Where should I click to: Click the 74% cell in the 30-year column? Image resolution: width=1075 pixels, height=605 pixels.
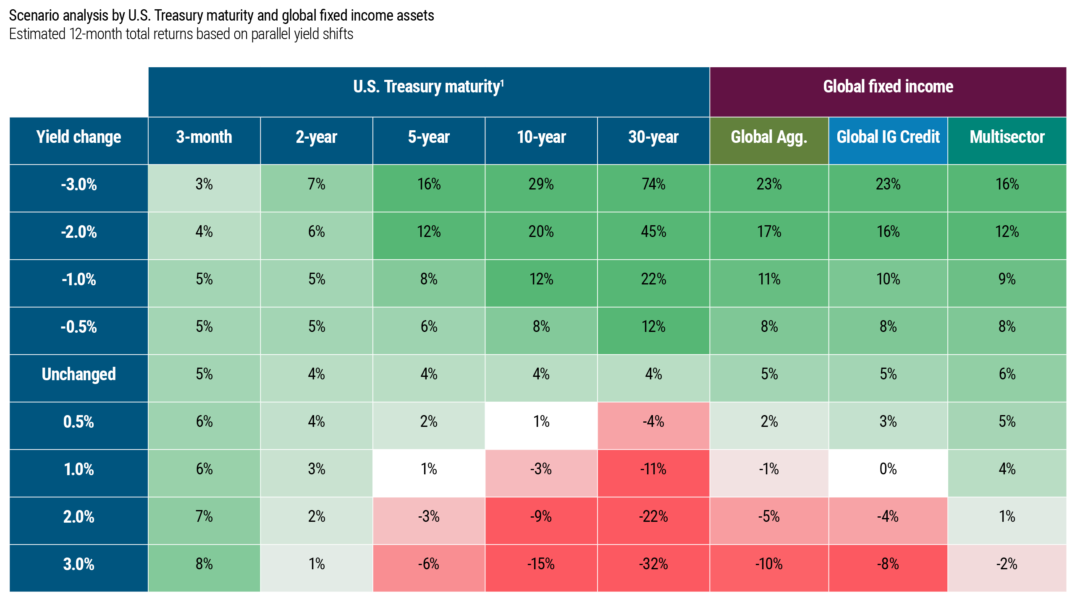pos(653,184)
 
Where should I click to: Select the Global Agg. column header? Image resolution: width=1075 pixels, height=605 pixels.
pos(769,137)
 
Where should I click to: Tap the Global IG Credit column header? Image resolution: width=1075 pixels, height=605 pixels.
pos(888,137)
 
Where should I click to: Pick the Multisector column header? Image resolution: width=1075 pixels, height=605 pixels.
pos(1007,137)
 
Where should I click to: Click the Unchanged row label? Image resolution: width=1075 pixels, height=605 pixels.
pos(79,374)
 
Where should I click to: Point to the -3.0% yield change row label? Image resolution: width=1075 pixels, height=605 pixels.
pos(79,184)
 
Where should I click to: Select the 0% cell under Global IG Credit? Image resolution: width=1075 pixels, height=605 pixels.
pos(888,469)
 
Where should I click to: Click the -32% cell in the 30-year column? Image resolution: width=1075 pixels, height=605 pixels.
pos(653,564)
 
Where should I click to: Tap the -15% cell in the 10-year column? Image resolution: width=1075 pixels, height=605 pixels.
pos(541,564)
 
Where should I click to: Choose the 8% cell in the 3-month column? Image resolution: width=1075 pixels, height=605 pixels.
pos(204,564)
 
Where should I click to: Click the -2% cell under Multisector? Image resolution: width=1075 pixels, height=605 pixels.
pos(1007,564)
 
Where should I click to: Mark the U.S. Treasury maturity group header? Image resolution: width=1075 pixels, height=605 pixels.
pos(428,87)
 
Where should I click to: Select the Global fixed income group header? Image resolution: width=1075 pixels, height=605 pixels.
pos(888,87)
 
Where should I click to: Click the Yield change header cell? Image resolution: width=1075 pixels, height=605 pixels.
pos(79,137)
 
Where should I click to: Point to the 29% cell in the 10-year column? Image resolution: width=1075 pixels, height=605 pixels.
pos(541,184)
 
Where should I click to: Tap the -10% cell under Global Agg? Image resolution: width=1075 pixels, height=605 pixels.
pos(769,564)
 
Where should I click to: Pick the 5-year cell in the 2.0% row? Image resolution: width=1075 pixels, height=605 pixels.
pos(428,516)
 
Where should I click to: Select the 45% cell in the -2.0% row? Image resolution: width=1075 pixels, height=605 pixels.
pos(653,231)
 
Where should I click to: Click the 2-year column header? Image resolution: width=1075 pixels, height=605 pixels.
pos(316,137)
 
